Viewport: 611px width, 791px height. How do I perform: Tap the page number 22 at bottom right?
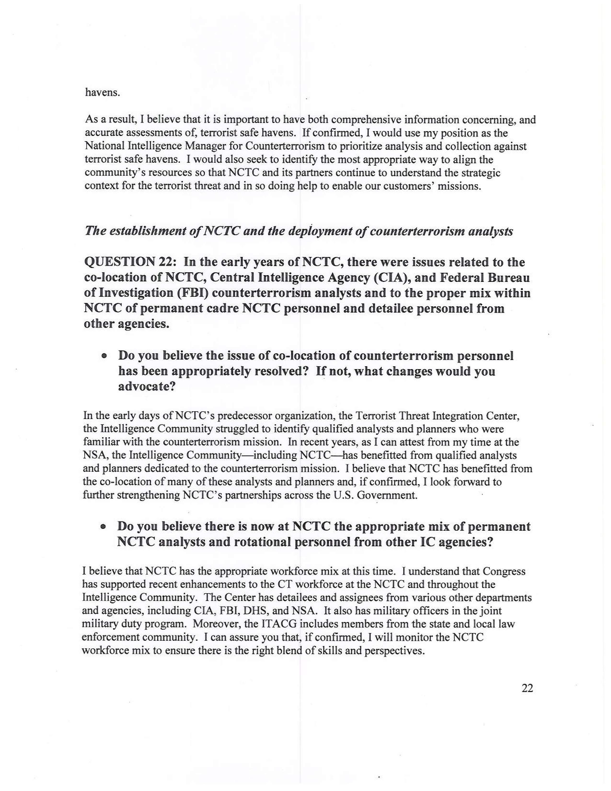[x=527, y=688]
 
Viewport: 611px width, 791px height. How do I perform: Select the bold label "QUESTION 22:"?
[x=130, y=262]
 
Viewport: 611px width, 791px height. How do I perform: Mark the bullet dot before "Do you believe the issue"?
[x=104, y=356]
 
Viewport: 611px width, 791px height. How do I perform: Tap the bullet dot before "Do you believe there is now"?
[x=104, y=527]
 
